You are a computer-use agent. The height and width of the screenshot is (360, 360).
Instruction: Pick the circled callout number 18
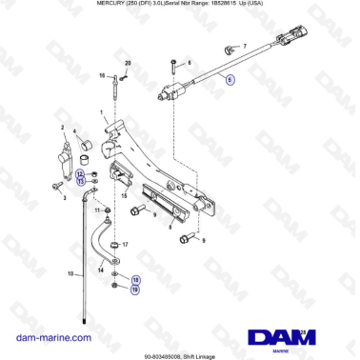pyautogui.click(x=135, y=279)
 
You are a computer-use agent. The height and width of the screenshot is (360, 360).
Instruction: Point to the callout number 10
pyautogui.click(x=70, y=274)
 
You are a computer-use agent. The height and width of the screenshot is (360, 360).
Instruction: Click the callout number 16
pyautogui.click(x=103, y=75)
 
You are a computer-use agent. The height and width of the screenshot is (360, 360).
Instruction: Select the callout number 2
pyautogui.click(x=63, y=128)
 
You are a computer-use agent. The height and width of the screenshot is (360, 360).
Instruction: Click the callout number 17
pyautogui.click(x=126, y=245)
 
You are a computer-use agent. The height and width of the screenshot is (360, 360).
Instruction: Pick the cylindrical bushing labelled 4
pyautogui.click(x=83, y=145)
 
